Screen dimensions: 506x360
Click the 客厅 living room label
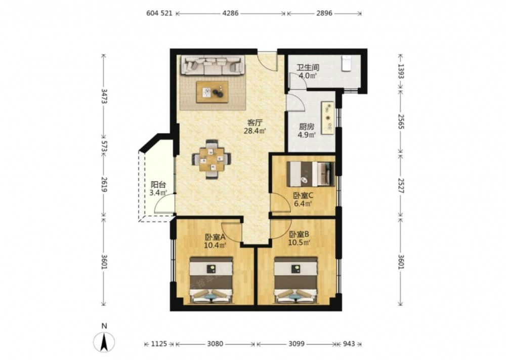coord(255,123)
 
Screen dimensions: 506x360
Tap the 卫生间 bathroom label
coord(308,68)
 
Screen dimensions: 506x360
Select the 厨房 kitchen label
coord(306,127)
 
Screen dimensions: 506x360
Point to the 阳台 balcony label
coord(158,185)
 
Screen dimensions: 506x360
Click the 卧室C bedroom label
coord(303,195)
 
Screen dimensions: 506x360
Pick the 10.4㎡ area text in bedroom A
coord(215,246)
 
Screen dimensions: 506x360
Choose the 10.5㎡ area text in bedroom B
coord(299,242)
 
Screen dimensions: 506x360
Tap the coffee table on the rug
coord(212,92)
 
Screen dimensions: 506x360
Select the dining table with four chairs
coord(212,159)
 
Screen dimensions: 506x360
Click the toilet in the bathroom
coord(347,62)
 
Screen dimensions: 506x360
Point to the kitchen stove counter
coord(327,117)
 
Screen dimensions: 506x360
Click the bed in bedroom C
coord(311,174)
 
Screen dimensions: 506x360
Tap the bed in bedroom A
coord(212,280)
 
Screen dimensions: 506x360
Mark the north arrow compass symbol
coord(104,342)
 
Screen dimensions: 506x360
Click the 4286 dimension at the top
coord(231,13)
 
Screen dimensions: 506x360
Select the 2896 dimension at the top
coord(324,13)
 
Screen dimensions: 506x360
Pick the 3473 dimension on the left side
coord(104,96)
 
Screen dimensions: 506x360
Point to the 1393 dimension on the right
coord(400,71)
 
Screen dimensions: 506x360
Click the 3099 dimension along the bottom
coord(296,344)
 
